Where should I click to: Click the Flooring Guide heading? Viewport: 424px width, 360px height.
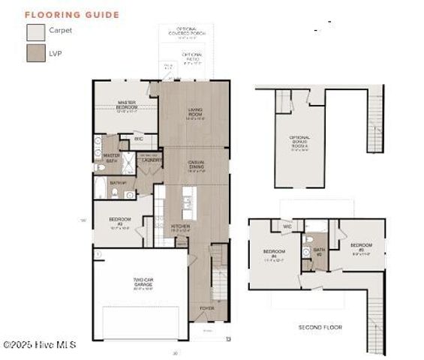click(x=72, y=14)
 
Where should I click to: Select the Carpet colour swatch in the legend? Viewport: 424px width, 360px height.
click(x=35, y=32)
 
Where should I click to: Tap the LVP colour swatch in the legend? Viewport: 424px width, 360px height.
click(x=35, y=52)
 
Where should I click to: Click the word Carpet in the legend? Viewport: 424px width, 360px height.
click(x=61, y=31)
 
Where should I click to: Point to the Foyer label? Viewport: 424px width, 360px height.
click(x=206, y=308)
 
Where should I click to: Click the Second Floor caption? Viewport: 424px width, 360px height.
click(x=320, y=328)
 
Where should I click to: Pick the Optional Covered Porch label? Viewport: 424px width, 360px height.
click(x=185, y=34)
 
